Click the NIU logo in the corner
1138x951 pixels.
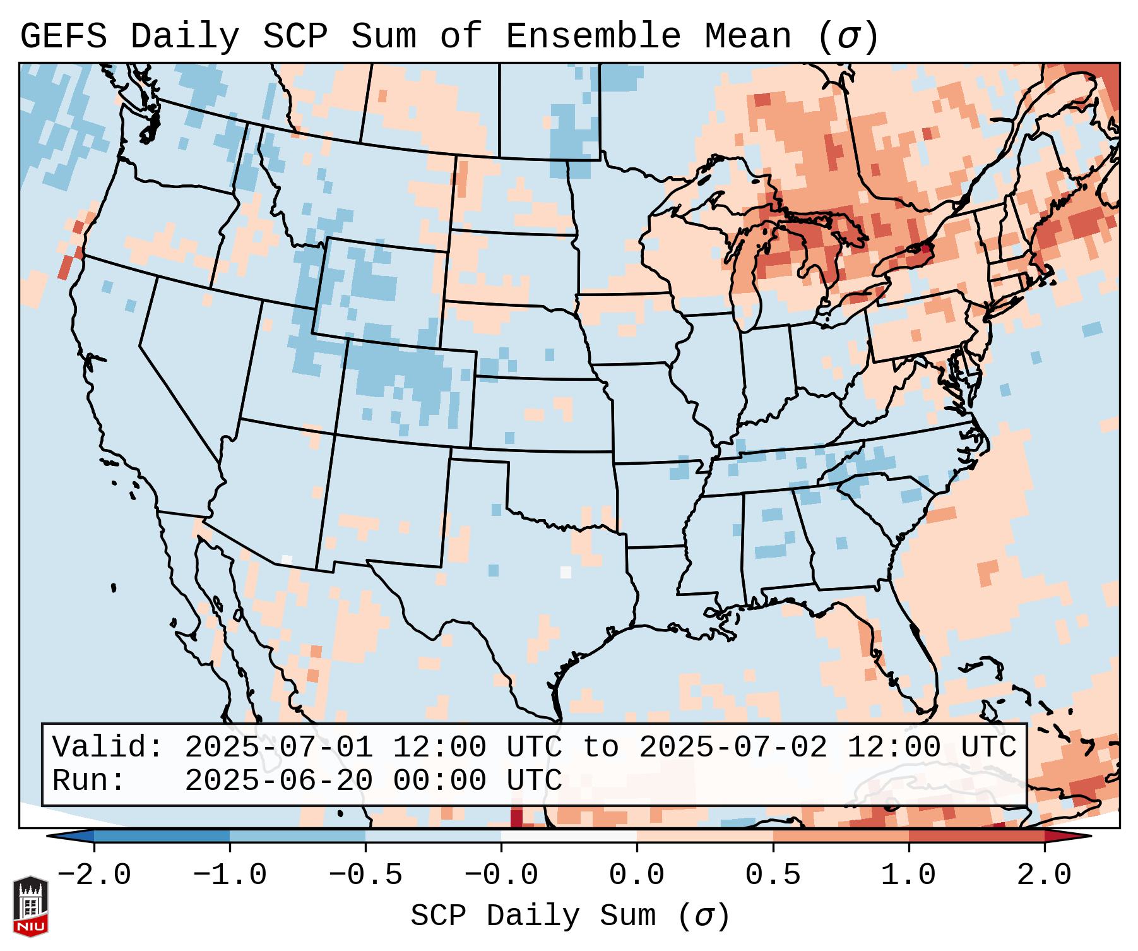point(30,906)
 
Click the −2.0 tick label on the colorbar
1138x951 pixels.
point(94,875)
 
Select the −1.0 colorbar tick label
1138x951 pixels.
point(230,875)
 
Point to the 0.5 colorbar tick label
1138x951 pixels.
point(773,875)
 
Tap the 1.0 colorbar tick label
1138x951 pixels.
point(908,875)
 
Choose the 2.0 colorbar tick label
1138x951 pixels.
point(1044,875)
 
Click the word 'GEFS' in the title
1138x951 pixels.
point(63,37)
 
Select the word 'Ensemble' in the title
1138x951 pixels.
point(593,37)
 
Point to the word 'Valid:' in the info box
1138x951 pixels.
point(108,747)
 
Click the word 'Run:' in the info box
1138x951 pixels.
point(89,781)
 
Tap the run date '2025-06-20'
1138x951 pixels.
point(278,781)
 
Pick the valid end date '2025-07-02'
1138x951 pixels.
point(733,747)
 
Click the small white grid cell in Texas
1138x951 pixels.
point(566,572)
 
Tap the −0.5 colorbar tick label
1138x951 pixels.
point(365,875)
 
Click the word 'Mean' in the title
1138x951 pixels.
point(748,37)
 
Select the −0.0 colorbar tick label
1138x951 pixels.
point(501,875)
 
